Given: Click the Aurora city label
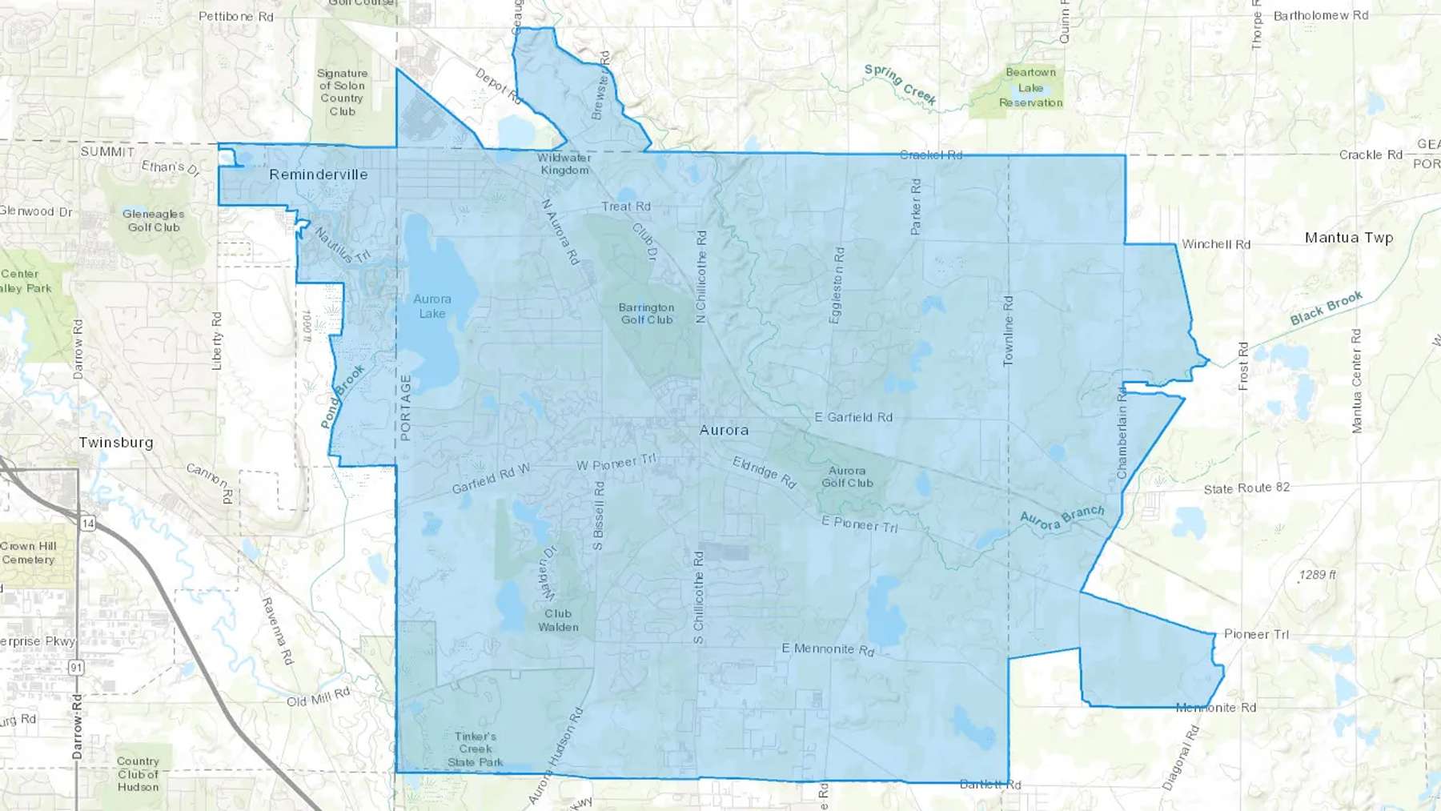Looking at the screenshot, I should pyautogui.click(x=724, y=430).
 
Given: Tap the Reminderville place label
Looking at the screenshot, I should pyautogui.click(x=318, y=175).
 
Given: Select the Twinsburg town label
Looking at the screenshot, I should pyautogui.click(x=115, y=443).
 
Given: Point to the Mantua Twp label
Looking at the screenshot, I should pyautogui.click(x=1348, y=238).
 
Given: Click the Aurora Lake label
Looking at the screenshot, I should pyautogui.click(x=432, y=306).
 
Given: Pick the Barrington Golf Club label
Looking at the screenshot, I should pyautogui.click(x=646, y=313).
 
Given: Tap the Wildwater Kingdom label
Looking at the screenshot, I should pyautogui.click(x=564, y=163).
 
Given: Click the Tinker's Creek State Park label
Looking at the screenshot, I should pyautogui.click(x=476, y=749).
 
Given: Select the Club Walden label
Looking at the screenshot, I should pyautogui.click(x=558, y=620).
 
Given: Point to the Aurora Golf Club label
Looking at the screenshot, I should pyautogui.click(x=847, y=476).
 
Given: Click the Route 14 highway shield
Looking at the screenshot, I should pyautogui.click(x=88, y=524).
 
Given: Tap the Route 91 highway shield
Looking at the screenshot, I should pyautogui.click(x=76, y=667).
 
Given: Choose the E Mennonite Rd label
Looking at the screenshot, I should pyautogui.click(x=828, y=648).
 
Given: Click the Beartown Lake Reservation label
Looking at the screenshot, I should pyautogui.click(x=1030, y=87).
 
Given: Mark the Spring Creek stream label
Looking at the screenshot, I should pyautogui.click(x=900, y=84).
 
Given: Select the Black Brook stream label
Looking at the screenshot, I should pyautogui.click(x=1326, y=308).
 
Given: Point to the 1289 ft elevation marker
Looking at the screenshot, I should pyautogui.click(x=1317, y=575).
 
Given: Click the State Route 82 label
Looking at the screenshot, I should pyautogui.click(x=1246, y=488).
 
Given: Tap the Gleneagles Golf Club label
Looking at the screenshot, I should pyautogui.click(x=153, y=220).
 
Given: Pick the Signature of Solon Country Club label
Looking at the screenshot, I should pyautogui.click(x=342, y=92).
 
